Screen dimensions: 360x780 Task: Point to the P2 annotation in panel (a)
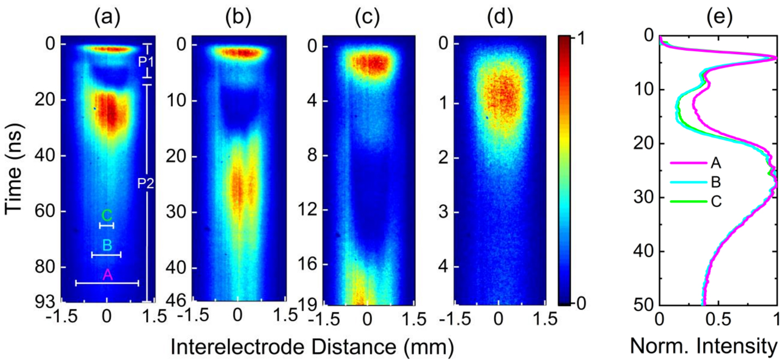145,184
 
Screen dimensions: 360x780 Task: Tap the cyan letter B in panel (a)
107,245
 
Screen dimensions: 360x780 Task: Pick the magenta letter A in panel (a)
107,276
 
